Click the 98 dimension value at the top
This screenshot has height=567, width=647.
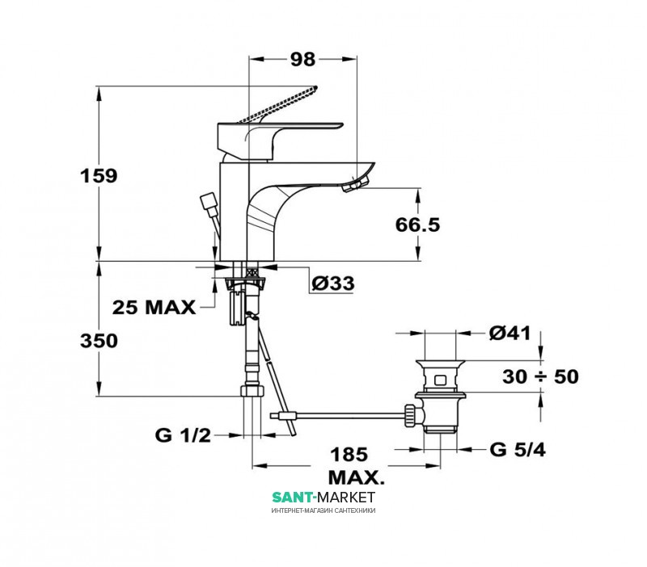tap(302, 59)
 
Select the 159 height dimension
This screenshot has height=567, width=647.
tap(99, 176)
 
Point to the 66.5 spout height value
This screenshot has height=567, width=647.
tap(417, 225)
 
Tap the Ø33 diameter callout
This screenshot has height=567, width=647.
tap(333, 283)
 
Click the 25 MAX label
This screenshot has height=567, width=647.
tap(154, 308)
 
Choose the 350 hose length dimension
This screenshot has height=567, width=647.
tap(99, 341)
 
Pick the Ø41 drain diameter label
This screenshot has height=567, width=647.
tap(510, 333)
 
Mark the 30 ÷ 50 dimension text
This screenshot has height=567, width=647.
tap(540, 376)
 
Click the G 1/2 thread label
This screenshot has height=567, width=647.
tap(183, 435)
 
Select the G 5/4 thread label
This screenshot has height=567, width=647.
tap(518, 450)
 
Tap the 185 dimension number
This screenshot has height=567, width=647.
tap(349, 455)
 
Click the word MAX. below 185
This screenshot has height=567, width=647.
tap(356, 478)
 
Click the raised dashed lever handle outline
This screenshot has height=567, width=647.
tap(277, 105)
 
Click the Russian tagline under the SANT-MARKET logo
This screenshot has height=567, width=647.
tap(323, 511)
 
